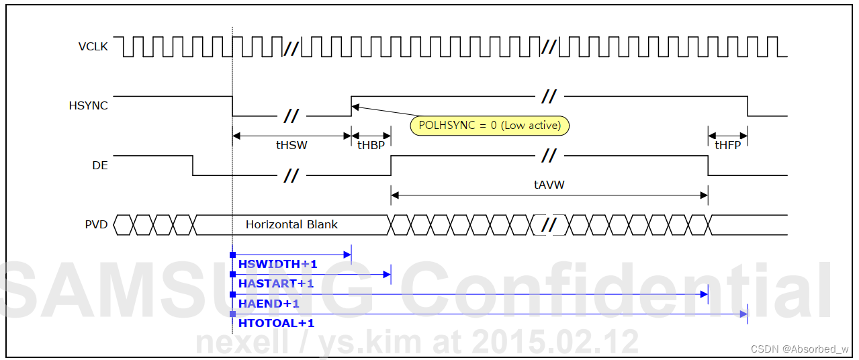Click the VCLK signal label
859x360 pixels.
tap(93, 47)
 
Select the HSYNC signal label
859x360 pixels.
tap(88, 105)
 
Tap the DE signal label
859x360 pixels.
tap(100, 165)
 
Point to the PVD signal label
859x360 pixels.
tap(96, 224)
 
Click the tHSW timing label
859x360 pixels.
tap(291, 145)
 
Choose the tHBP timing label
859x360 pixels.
tap(371, 145)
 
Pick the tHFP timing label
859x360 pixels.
tap(727, 145)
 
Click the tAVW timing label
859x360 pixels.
tap(549, 184)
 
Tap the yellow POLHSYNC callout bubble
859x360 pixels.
tap(490, 126)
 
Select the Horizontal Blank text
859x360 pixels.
tap(291, 224)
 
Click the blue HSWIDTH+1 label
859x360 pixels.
tap(277, 265)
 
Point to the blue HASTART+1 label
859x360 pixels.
tap(276, 283)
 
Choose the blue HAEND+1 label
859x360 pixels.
tap(269, 304)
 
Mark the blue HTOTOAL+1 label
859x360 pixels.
tap(276, 323)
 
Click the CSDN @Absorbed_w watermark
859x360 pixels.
tap(799, 349)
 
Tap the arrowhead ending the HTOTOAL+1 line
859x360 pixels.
tap(743, 314)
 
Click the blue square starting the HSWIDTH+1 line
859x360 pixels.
tap(232, 255)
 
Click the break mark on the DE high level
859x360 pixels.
tap(549, 156)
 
